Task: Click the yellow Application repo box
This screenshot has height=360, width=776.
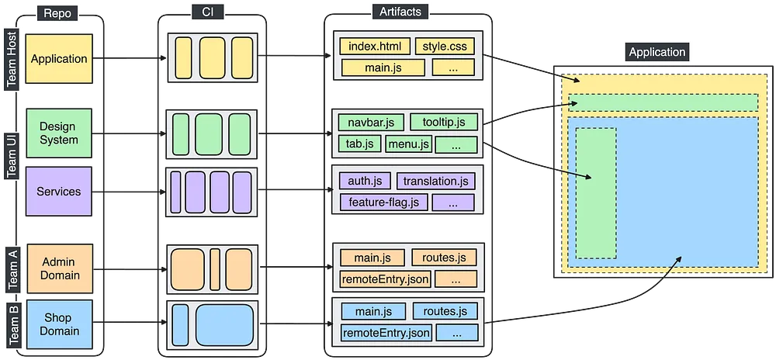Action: tap(59, 59)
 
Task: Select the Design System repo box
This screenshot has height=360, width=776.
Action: tap(59, 133)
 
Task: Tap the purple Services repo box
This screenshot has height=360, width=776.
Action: tap(59, 191)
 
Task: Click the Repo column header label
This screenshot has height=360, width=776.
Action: tap(57, 12)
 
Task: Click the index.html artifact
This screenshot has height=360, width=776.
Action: tap(374, 46)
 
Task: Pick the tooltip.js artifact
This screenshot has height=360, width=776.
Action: tap(438, 122)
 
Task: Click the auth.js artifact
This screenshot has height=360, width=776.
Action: tap(364, 182)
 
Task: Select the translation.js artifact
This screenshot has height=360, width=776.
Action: tap(435, 182)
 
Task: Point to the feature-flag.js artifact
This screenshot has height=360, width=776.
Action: tap(383, 202)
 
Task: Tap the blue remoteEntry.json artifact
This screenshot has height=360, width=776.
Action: tap(386, 333)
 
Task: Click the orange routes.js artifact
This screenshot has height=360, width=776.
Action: tap(439, 258)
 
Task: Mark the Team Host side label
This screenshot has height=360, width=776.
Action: tap(12, 60)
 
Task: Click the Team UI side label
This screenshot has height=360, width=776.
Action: tap(12, 154)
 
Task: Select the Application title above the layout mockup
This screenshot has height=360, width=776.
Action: tap(657, 52)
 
